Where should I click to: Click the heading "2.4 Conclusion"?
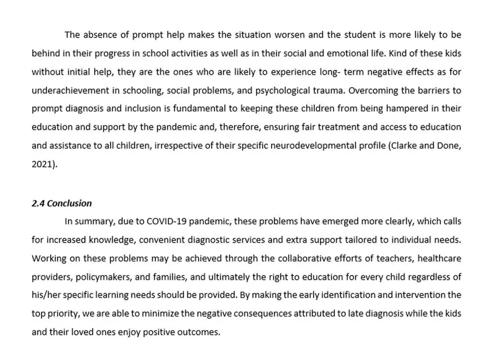[61, 203]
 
